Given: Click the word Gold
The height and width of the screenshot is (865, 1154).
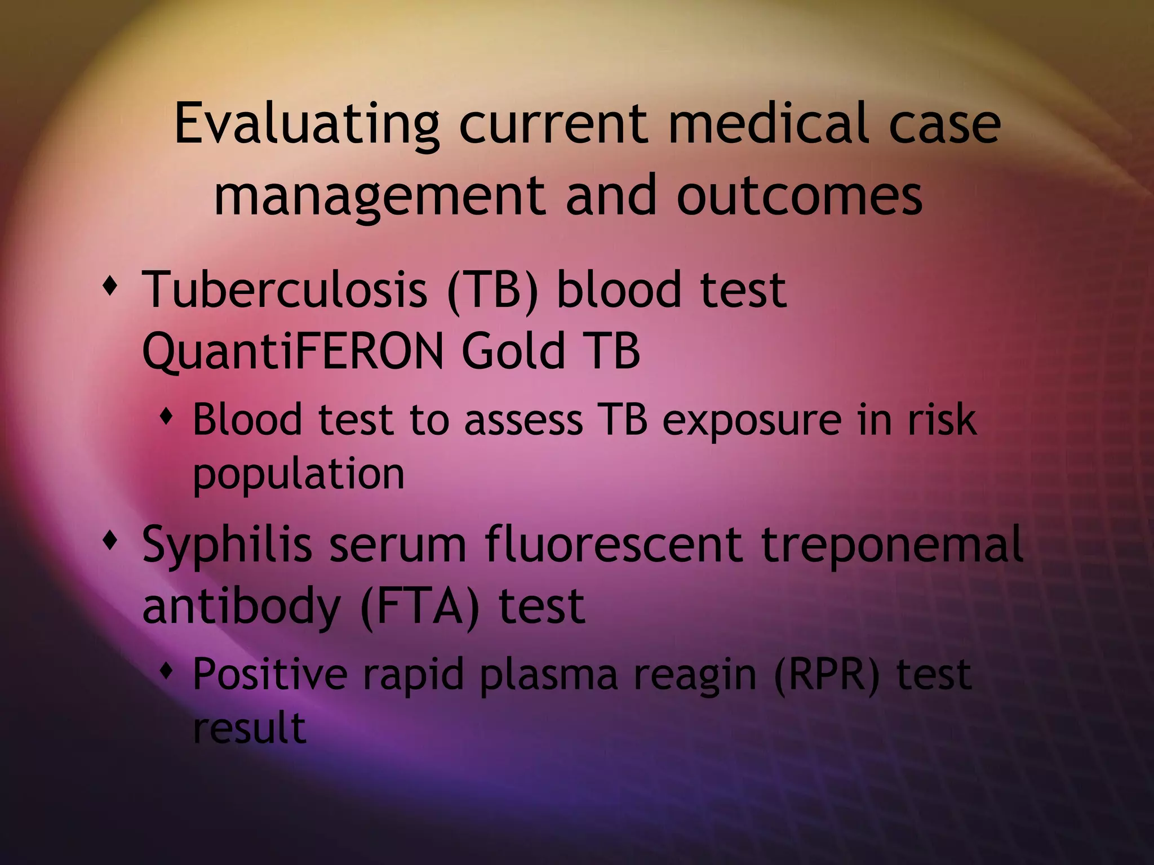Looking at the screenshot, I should point(513,350).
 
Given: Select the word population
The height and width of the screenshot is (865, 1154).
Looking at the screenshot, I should point(299,474).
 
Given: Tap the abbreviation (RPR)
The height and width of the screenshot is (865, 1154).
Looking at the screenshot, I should point(826,675).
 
